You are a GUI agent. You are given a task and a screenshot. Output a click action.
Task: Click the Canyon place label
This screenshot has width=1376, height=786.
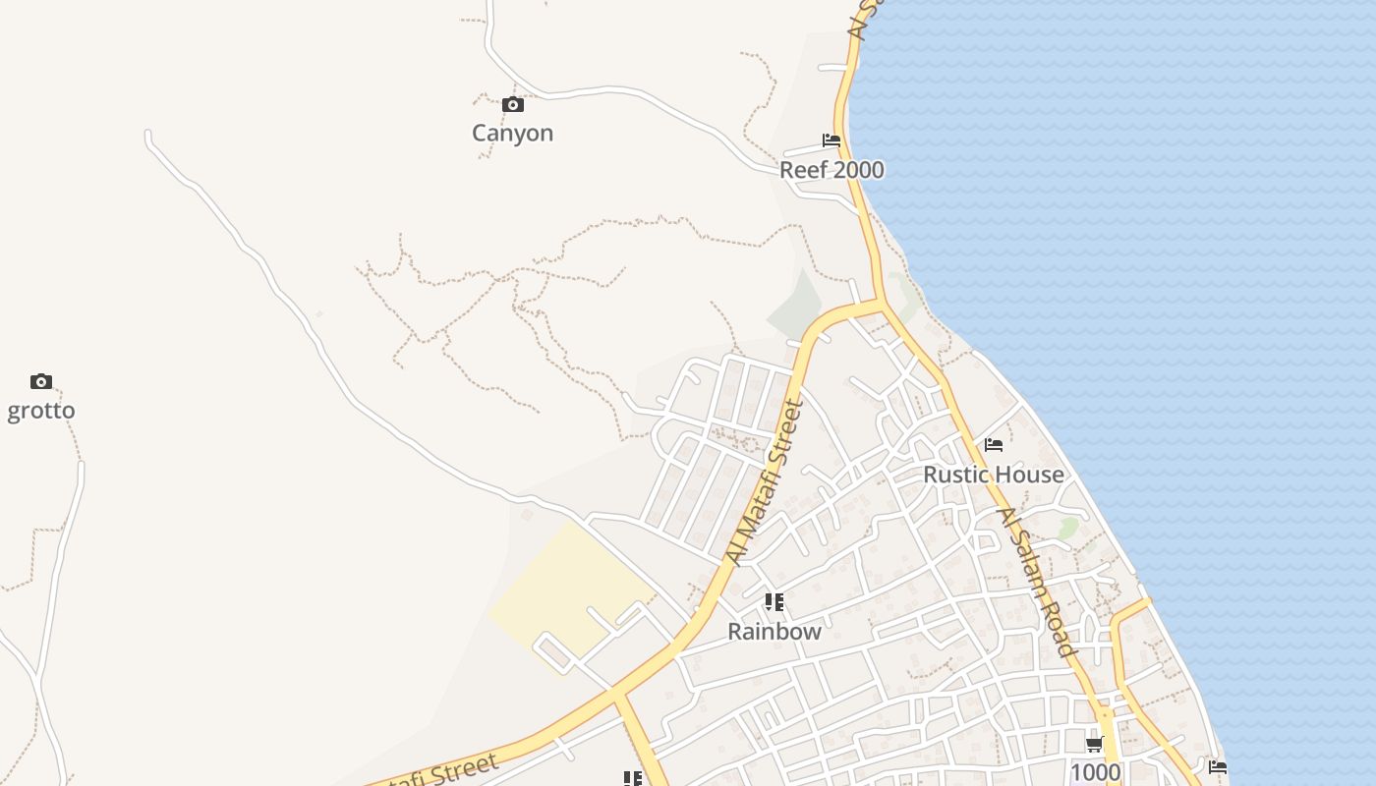(x=512, y=133)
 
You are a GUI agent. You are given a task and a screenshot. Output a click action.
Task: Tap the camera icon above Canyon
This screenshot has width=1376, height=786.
(x=512, y=104)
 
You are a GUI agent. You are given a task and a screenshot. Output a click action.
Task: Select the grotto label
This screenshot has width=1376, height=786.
(x=41, y=410)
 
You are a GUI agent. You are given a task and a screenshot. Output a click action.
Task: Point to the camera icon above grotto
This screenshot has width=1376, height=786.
(x=40, y=381)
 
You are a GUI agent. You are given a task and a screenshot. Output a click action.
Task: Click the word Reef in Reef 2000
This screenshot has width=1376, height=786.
(x=803, y=170)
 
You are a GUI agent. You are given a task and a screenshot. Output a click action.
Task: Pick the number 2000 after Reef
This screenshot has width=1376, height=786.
(x=857, y=170)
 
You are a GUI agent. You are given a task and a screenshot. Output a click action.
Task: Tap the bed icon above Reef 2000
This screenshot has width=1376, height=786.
(x=831, y=140)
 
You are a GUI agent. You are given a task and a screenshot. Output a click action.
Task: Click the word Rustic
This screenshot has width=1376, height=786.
(x=955, y=475)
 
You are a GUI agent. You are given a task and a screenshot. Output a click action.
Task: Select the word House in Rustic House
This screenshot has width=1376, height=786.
(x=1028, y=475)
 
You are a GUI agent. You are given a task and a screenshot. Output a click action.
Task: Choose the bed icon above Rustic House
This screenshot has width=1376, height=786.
(x=994, y=445)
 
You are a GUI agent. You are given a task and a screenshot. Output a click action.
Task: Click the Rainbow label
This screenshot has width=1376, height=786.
(x=774, y=631)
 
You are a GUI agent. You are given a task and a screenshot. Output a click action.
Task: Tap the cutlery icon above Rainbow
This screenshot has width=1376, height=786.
(x=774, y=601)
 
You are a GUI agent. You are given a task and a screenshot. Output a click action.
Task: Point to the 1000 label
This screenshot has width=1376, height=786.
(x=1095, y=772)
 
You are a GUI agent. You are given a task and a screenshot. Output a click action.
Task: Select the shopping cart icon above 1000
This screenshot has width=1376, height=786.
(x=1095, y=745)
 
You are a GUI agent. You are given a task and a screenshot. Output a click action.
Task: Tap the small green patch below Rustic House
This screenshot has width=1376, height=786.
(x=1067, y=529)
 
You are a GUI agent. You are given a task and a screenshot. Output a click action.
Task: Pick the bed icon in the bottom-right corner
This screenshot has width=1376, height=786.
(x=1218, y=766)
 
